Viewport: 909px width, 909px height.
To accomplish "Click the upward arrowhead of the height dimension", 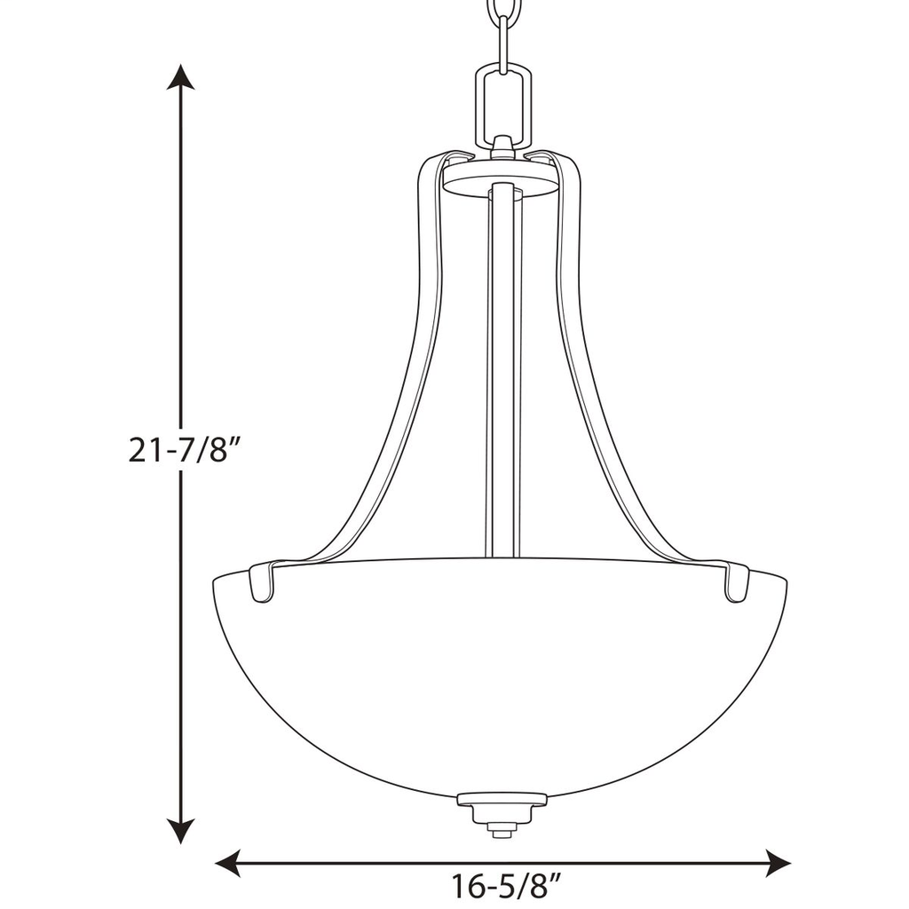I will (x=182, y=78).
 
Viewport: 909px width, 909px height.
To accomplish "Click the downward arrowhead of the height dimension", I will (x=182, y=830).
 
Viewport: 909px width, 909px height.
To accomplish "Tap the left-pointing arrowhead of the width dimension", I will (x=229, y=862).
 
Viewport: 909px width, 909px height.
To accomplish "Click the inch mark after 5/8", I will (x=557, y=881).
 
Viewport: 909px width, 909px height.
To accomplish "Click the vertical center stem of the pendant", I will (x=503, y=373).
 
